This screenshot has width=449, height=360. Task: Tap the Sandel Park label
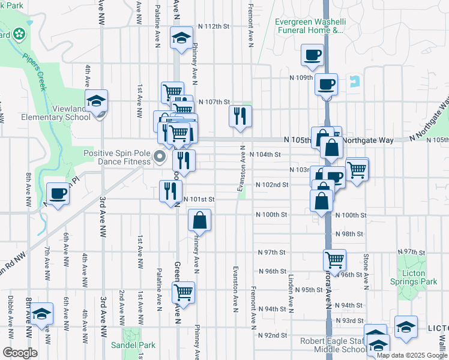click(x=133, y=345)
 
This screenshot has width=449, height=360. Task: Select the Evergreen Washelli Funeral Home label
click(x=310, y=26)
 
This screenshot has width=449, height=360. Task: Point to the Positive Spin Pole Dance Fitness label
click(x=116, y=157)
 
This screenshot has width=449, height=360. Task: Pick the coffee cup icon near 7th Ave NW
click(x=58, y=194)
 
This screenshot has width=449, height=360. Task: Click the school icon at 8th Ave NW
click(x=42, y=313)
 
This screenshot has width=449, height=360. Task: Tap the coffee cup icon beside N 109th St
click(x=326, y=85)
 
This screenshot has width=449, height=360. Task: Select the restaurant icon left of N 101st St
click(x=170, y=190)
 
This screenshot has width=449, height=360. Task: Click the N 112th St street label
click(x=214, y=26)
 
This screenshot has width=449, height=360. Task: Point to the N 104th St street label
click(x=265, y=154)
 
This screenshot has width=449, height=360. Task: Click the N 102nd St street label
click(x=272, y=185)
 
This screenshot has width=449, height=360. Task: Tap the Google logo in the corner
click(x=20, y=353)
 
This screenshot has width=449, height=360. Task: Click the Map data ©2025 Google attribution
click(x=412, y=355)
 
